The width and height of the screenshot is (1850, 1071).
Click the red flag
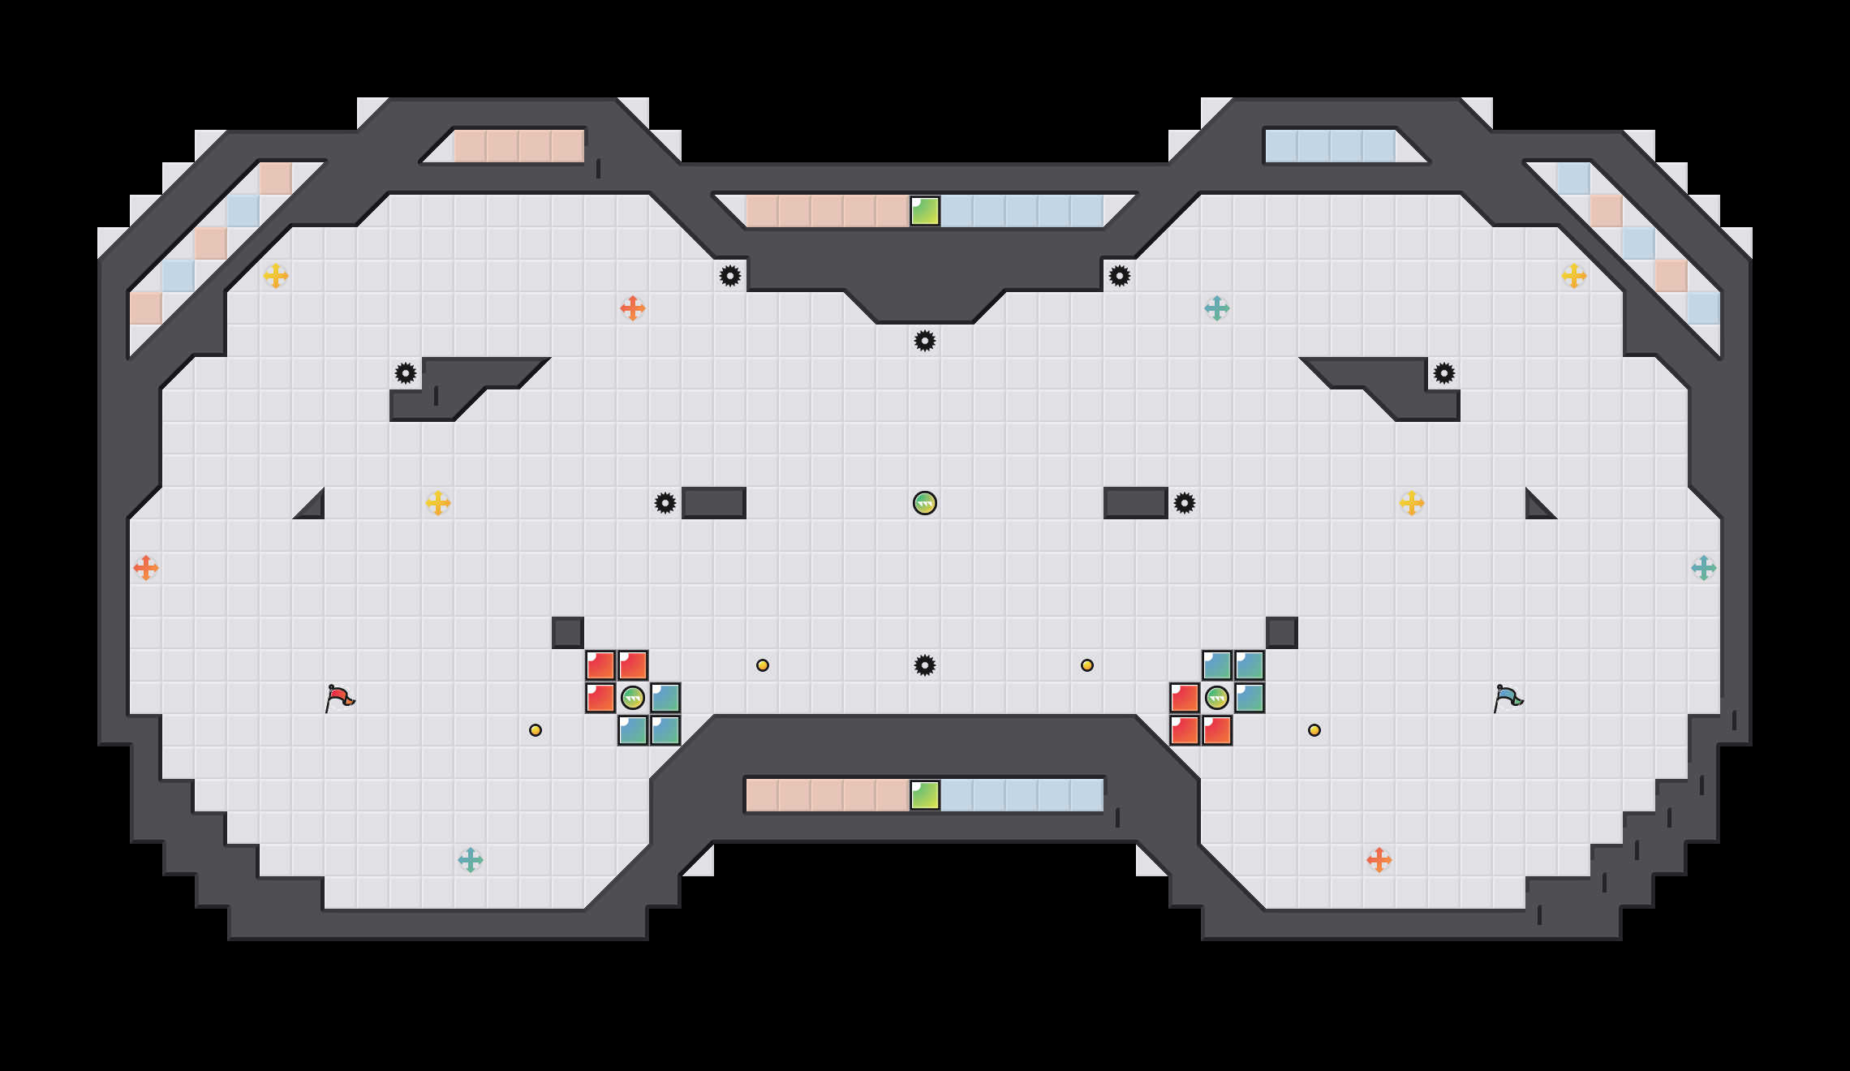339,697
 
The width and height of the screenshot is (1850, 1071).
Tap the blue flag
1508,697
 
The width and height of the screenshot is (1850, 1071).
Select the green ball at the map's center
925,503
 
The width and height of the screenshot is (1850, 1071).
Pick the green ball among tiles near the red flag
633,698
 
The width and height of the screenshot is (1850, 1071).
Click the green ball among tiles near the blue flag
1217,698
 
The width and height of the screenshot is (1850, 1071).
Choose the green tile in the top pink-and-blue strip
925,211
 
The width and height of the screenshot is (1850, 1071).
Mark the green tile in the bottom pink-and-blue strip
925,795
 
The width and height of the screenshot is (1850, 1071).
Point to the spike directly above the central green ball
925,341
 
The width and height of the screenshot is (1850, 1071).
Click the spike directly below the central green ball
925,665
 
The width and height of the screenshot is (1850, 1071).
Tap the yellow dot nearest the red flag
536,730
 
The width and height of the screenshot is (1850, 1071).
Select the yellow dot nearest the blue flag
1314,730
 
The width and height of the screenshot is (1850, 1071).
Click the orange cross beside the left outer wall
146,568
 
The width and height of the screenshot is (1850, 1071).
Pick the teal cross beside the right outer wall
1704,568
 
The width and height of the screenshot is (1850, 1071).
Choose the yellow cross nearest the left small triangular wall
438,503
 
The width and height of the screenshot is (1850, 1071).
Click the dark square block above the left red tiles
568,633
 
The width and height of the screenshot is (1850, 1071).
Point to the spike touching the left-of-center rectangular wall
665,503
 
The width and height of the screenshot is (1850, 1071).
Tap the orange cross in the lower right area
1379,860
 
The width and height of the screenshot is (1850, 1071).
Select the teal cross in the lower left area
471,860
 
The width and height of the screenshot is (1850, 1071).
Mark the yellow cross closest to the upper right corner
1574,276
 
